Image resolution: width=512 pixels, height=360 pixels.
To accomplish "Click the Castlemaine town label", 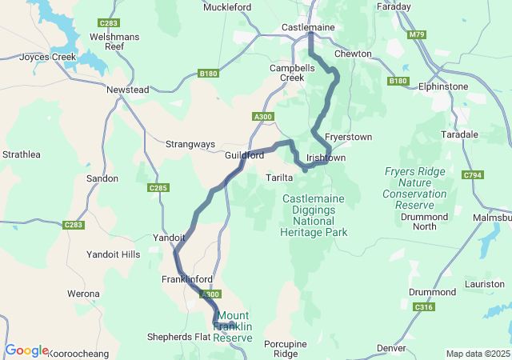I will pyautogui.click(x=307, y=28).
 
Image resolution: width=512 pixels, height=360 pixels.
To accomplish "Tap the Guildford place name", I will pyautogui.click(x=244, y=155).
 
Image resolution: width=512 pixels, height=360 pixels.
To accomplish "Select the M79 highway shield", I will pyautogui.click(x=416, y=35).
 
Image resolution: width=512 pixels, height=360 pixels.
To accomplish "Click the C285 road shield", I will pyautogui.click(x=158, y=188).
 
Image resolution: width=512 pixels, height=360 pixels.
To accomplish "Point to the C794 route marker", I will pyautogui.click(x=473, y=175).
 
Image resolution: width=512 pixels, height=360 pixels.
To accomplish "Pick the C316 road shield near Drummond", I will pyautogui.click(x=423, y=307).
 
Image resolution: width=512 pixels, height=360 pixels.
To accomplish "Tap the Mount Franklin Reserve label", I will pyautogui.click(x=233, y=327).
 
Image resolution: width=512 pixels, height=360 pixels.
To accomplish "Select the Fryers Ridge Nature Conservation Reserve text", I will pyautogui.click(x=414, y=188).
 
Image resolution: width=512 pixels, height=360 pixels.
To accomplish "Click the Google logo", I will pyautogui.click(x=26, y=350).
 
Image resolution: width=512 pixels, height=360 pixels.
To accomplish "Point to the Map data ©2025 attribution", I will pyautogui.click(x=477, y=354).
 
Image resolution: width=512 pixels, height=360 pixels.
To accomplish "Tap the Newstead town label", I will pyautogui.click(x=128, y=90).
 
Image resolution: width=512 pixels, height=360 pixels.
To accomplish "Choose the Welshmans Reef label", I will pyautogui.click(x=116, y=42).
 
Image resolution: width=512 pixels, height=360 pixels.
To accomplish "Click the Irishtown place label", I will pyautogui.click(x=326, y=158).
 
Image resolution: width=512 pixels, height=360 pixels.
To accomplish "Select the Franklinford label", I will pyautogui.click(x=186, y=279).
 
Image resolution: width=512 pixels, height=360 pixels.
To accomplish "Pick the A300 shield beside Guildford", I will pyautogui.click(x=262, y=118).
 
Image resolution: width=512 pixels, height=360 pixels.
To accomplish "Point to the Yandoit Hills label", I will pyautogui.click(x=113, y=254).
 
